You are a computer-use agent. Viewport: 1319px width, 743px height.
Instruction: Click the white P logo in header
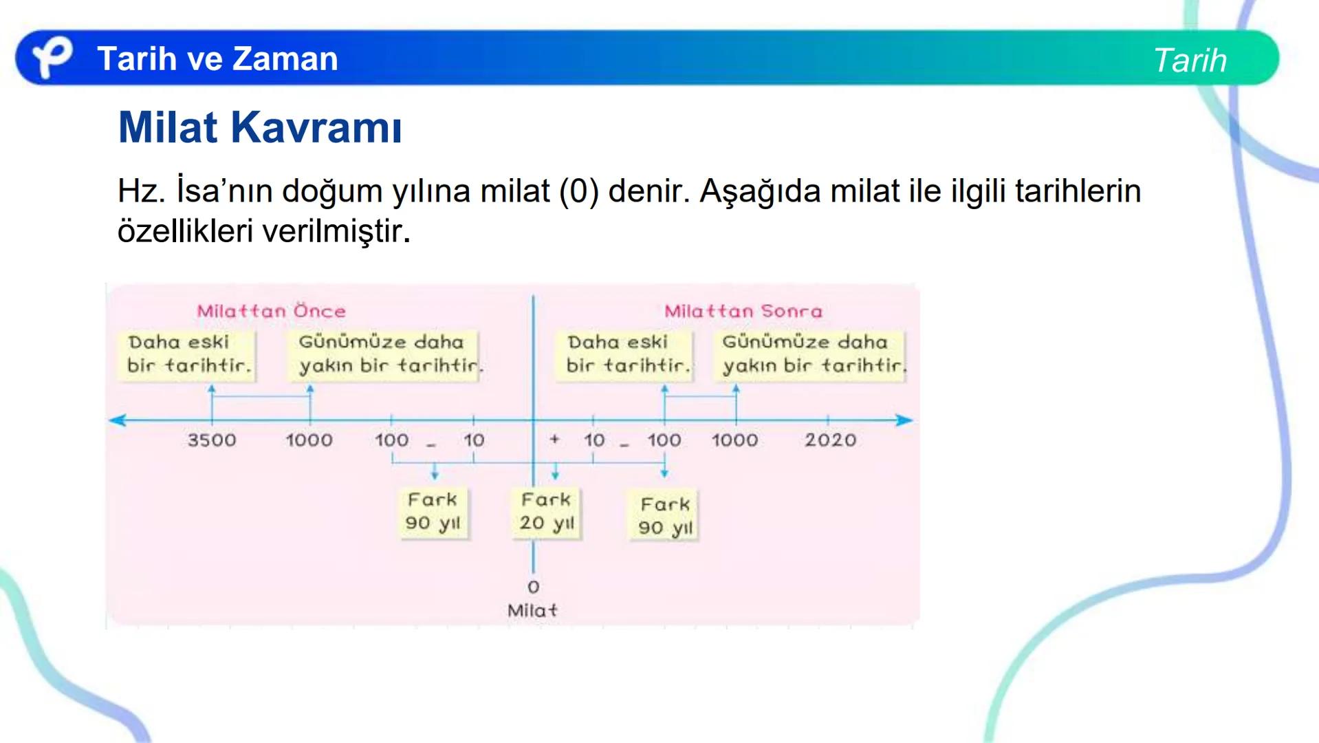[x=52, y=57]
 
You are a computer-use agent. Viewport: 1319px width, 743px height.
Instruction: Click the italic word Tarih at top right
[x=1190, y=61]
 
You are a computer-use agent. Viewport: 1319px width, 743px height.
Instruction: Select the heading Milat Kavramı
[x=259, y=127]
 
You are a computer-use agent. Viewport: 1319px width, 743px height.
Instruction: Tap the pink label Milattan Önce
[x=271, y=311]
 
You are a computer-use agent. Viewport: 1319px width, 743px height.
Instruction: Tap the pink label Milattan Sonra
[x=743, y=311]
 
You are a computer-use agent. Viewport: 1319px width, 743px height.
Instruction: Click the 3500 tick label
[x=212, y=440]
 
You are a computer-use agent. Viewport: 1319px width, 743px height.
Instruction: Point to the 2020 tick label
[x=830, y=440]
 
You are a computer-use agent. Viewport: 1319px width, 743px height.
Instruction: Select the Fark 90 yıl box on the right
[x=664, y=516]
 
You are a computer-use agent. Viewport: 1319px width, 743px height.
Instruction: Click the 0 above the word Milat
[x=533, y=587]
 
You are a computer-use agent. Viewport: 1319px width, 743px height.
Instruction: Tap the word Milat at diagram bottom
[x=532, y=610]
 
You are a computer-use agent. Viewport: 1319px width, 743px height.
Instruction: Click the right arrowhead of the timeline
[x=906, y=420]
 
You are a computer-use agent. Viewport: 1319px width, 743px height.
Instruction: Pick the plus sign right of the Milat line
[x=554, y=438]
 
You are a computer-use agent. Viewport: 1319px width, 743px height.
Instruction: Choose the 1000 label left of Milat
[x=309, y=440]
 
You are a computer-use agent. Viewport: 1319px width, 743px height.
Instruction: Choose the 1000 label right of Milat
[x=734, y=440]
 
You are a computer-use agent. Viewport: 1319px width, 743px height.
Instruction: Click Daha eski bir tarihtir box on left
[x=189, y=354]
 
